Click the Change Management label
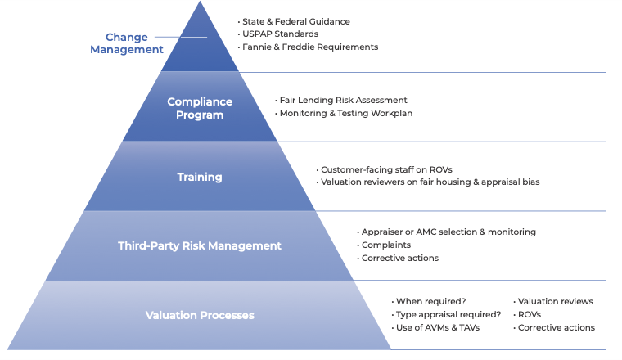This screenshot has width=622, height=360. (127, 43)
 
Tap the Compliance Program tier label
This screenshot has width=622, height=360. (200, 108)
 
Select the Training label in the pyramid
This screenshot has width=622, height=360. (200, 177)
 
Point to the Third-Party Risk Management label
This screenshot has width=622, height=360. (200, 245)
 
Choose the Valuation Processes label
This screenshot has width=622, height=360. (200, 315)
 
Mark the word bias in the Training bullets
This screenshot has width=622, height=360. (531, 182)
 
